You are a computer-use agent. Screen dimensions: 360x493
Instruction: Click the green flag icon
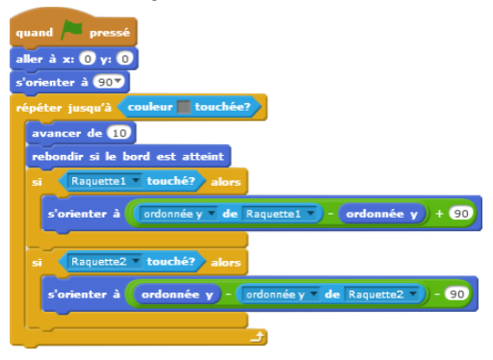coord(73,33)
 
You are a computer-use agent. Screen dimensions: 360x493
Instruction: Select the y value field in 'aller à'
coord(126,60)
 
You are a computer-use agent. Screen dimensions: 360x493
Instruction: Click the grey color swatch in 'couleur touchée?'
coord(182,107)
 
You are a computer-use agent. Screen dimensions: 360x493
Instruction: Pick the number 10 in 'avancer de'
coord(120,132)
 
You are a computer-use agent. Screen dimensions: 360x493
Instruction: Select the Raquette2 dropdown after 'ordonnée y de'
coord(383,294)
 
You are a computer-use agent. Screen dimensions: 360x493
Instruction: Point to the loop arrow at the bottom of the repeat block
coord(254,337)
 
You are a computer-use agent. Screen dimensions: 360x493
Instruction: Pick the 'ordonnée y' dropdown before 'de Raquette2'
coord(280,294)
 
